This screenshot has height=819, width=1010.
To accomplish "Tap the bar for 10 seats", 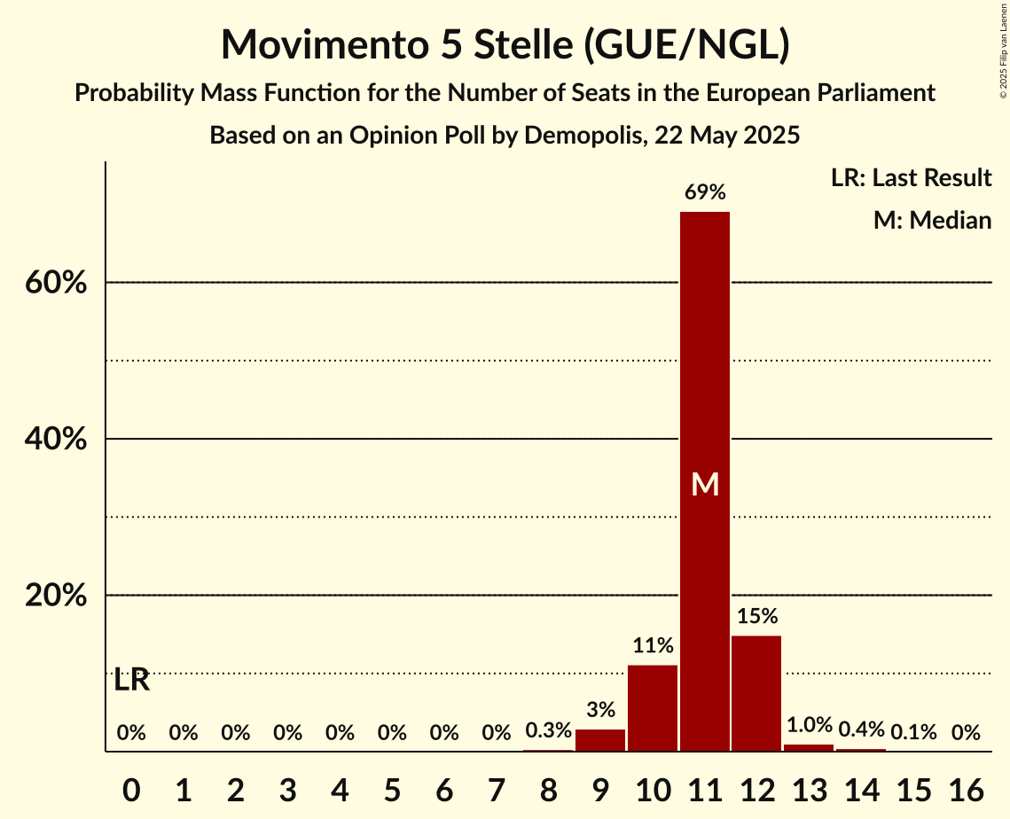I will click(653, 708).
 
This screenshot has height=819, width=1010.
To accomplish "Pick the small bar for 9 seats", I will click(600, 740).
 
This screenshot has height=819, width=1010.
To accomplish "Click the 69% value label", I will click(705, 192).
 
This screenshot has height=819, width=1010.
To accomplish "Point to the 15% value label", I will click(756, 616).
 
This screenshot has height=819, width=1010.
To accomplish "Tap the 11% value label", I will click(653, 646).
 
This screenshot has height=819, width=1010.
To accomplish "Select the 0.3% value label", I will click(548, 731).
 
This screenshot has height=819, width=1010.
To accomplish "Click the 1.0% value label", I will click(809, 725).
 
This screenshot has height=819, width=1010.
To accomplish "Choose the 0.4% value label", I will click(861, 729).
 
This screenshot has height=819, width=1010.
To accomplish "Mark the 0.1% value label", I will click(913, 732).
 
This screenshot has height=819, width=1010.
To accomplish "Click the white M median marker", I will click(705, 484).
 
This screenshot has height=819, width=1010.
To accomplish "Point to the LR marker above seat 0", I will click(132, 681).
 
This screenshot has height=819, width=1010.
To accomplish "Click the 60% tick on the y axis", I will click(55, 283).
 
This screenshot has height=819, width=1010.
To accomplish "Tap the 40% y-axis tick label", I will click(55, 440).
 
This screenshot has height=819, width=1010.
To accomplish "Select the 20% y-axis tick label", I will click(55, 596).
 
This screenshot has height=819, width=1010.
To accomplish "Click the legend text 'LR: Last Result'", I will click(911, 178).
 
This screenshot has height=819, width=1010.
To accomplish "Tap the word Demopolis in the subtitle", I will click(584, 136).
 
